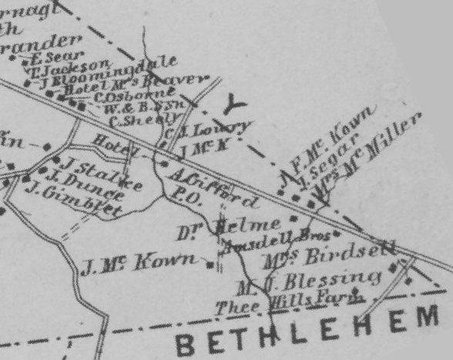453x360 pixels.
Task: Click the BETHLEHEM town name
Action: click(x=312, y=330)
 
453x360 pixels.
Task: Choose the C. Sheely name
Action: click(x=136, y=119)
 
